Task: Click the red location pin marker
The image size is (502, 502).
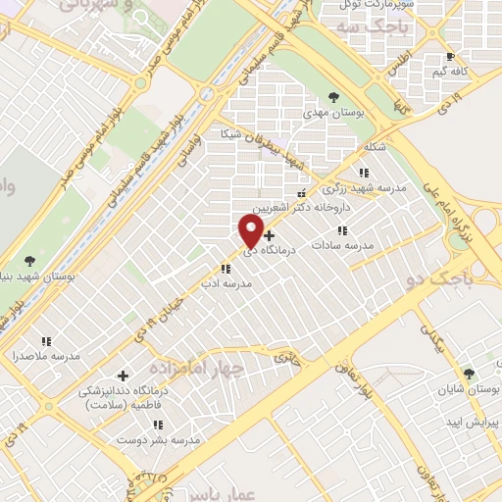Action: pyautogui.click(x=252, y=230)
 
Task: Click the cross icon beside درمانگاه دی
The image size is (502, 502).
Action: pyautogui.click(x=270, y=235)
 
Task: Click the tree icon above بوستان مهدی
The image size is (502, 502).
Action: pyautogui.click(x=334, y=97)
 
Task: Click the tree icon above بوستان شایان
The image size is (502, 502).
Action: pyautogui.click(x=469, y=374)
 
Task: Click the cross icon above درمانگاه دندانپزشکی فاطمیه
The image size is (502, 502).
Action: pyautogui.click(x=123, y=376)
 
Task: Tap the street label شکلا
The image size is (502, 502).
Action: pyautogui.click(x=373, y=148)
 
